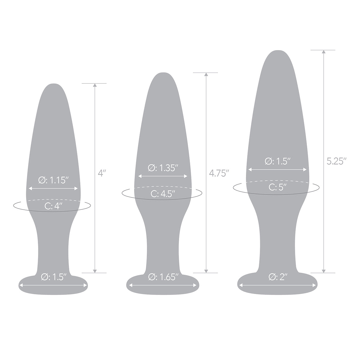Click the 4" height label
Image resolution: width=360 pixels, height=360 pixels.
click(102, 173)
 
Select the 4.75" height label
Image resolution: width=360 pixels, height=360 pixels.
click(219, 173)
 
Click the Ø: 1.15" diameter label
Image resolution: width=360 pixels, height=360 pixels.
click(54, 180)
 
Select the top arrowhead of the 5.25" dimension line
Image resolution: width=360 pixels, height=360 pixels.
click(323, 52)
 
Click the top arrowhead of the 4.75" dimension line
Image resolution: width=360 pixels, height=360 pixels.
click(206, 74)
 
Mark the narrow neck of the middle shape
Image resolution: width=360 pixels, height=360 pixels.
click(163, 240)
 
